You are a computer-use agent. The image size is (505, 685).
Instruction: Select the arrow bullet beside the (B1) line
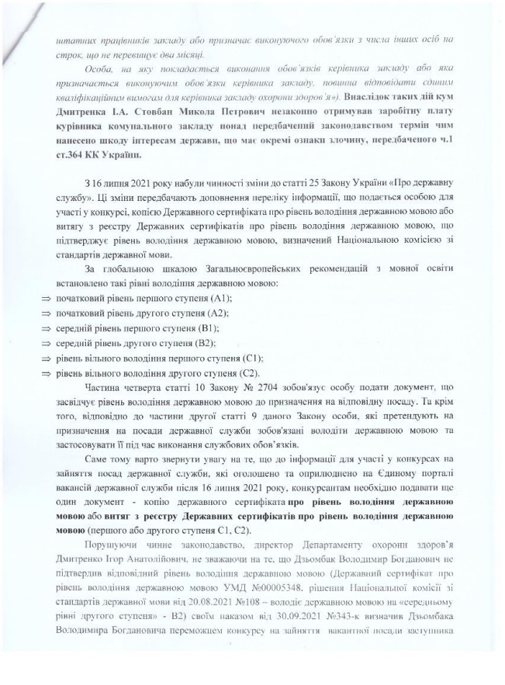pos(45,328)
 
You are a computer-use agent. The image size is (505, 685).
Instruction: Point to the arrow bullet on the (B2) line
pos(45,343)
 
